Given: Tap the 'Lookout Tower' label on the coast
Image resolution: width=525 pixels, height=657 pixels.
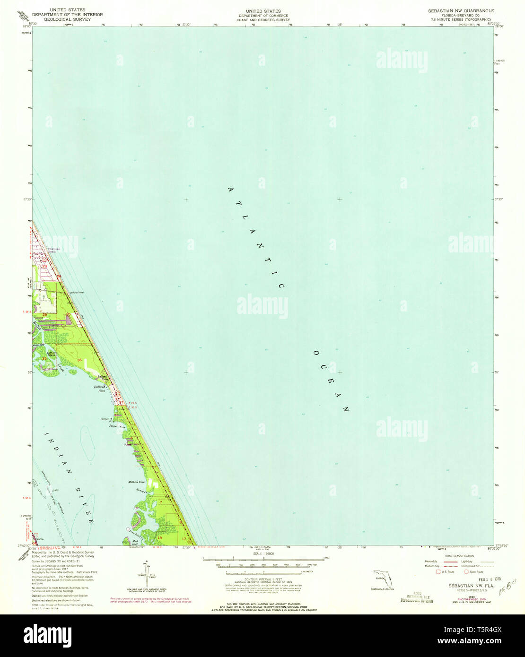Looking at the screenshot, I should [x=77, y=293].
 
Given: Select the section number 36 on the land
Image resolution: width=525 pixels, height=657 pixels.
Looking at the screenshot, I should [x=79, y=361].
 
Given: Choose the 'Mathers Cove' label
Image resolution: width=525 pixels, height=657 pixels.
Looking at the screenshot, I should [x=136, y=482].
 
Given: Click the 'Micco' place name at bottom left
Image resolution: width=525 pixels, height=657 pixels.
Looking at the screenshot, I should [x=40, y=539].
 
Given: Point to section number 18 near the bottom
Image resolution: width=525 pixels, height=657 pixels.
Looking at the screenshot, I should [x=160, y=538].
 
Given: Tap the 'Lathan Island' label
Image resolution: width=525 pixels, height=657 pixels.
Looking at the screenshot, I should [x=48, y=353].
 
